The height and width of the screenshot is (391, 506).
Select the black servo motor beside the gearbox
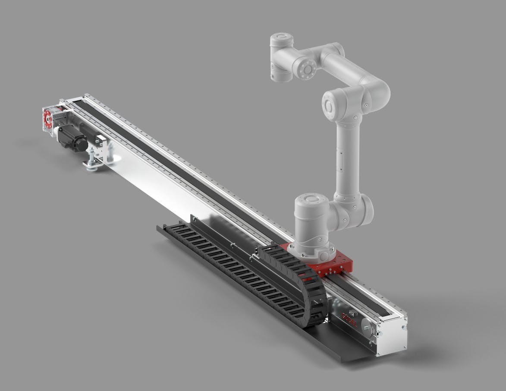[x=72, y=137]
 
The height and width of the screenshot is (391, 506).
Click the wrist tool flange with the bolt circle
[x=307, y=69]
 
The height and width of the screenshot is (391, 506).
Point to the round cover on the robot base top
[x=310, y=199]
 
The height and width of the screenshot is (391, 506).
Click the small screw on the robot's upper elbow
[x=366, y=105]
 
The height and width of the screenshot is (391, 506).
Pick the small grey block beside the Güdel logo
[x=353, y=313]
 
